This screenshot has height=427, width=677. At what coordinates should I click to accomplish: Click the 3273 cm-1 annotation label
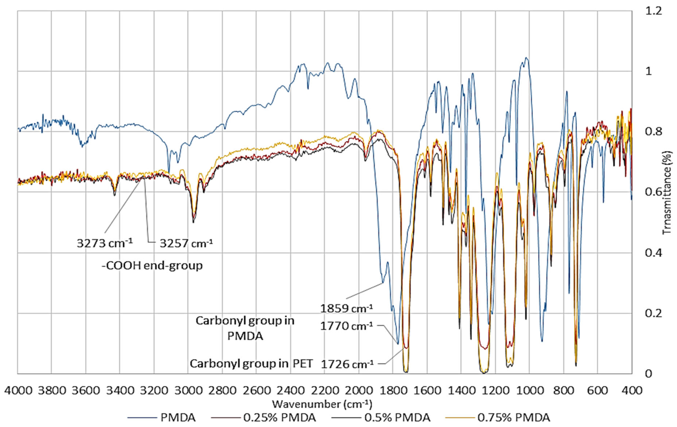(105, 243)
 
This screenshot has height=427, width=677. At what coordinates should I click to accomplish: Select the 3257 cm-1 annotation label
(186, 243)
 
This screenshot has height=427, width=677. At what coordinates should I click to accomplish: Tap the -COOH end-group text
(152, 265)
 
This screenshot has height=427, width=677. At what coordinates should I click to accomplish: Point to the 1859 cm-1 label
(346, 308)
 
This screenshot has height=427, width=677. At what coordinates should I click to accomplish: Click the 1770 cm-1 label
(346, 326)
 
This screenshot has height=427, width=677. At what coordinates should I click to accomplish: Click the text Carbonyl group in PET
(251, 364)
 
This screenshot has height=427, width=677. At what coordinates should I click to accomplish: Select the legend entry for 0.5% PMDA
(397, 417)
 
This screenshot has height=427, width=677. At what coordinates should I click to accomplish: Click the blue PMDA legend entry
(178, 417)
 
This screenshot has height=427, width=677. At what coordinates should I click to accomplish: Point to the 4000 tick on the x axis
(18, 390)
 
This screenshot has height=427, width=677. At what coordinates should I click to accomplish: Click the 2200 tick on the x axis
(325, 390)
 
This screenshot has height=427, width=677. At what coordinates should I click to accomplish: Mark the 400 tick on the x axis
(632, 390)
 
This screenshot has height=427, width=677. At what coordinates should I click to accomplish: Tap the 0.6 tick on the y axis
(653, 192)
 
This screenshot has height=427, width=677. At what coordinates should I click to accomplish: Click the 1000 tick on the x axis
(529, 390)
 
